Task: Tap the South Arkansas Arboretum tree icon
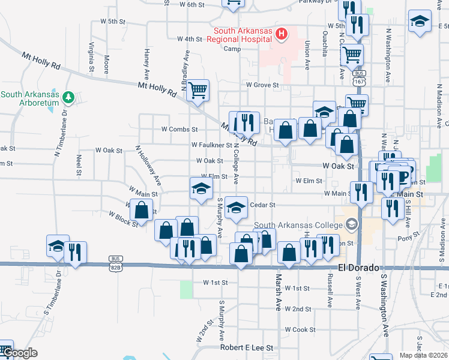coord(68,96)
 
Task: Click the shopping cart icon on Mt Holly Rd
coord(197,91)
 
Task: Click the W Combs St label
coord(179,130)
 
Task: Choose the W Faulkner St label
coord(211,145)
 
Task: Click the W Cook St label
coord(300,329)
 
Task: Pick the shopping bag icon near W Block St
coord(141,211)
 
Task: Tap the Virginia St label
coord(92,56)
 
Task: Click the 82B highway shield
coord(116,259)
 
